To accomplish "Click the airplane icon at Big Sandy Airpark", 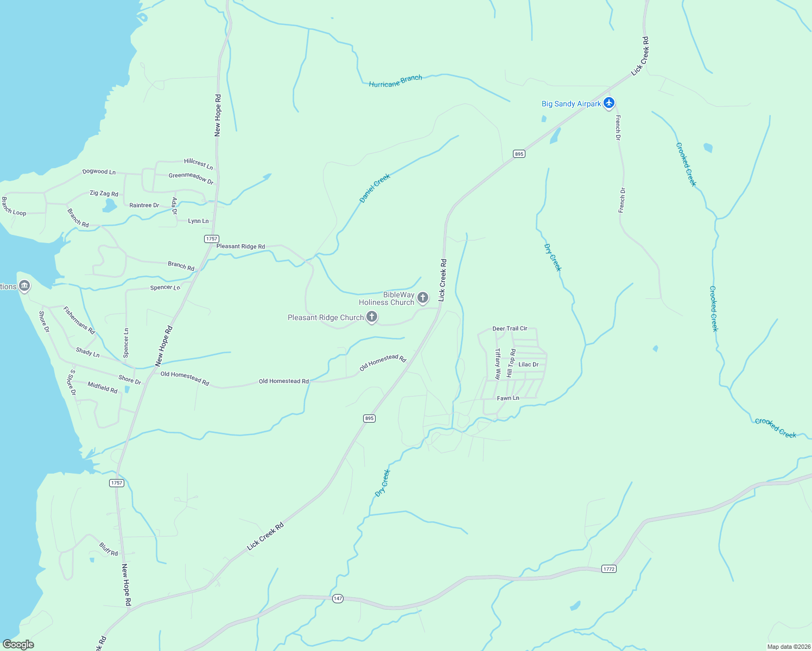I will [x=609, y=103].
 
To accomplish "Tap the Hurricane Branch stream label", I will [x=395, y=81].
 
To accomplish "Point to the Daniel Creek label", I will [x=375, y=188].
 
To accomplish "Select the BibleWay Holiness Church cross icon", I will [x=423, y=297].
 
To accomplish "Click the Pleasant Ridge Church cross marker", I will [x=372, y=317].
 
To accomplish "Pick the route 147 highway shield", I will [x=338, y=598].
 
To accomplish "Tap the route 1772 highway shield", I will [x=609, y=569].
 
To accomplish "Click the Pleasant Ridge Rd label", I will [x=240, y=246].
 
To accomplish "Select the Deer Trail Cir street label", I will [x=510, y=328].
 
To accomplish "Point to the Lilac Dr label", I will [x=528, y=365].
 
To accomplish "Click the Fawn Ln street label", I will [x=508, y=398].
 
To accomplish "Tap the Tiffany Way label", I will [x=498, y=364].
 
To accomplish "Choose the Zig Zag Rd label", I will [x=104, y=194].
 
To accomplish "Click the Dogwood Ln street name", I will [x=99, y=171].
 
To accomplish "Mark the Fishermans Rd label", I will [x=79, y=320].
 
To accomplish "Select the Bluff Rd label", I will [x=109, y=549].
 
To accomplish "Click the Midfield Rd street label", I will [x=103, y=387].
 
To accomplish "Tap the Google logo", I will [x=18, y=644].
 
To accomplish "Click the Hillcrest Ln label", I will [x=198, y=163].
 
